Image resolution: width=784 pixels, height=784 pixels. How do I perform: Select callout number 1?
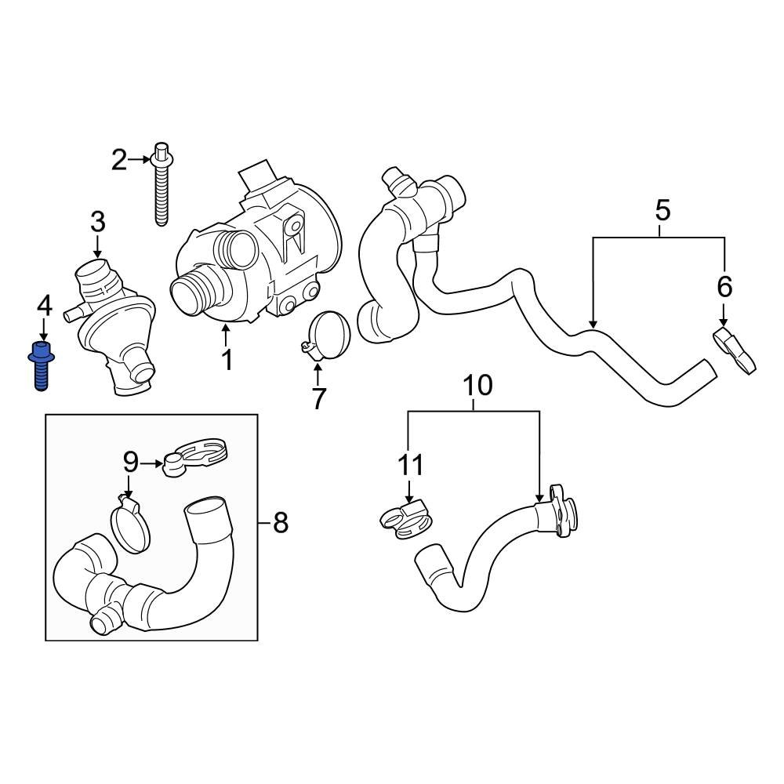[x=227, y=361]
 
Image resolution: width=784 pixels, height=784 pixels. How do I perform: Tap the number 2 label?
[x=119, y=162]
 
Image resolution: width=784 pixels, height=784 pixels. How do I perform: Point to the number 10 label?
[x=409, y=465]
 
